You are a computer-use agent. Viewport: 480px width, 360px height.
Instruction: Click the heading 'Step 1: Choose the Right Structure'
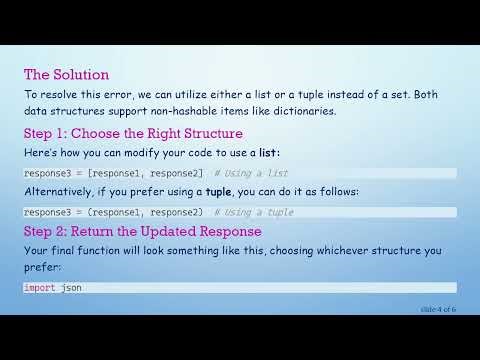click(x=133, y=133)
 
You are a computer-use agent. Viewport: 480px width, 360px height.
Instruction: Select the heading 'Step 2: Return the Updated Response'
click(x=144, y=231)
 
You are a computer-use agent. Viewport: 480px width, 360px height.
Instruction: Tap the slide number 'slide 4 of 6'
click(x=438, y=310)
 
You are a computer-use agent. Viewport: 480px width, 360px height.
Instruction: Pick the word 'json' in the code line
click(x=71, y=288)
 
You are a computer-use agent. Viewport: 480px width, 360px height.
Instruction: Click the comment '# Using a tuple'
click(x=251, y=212)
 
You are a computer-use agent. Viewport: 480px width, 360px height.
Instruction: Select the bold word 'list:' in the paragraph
click(x=265, y=153)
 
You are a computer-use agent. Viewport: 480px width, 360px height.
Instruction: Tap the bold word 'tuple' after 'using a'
click(x=220, y=192)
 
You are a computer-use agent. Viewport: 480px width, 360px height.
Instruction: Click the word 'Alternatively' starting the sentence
click(x=59, y=192)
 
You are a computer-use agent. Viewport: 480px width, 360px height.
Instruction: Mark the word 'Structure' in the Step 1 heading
click(x=208, y=133)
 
